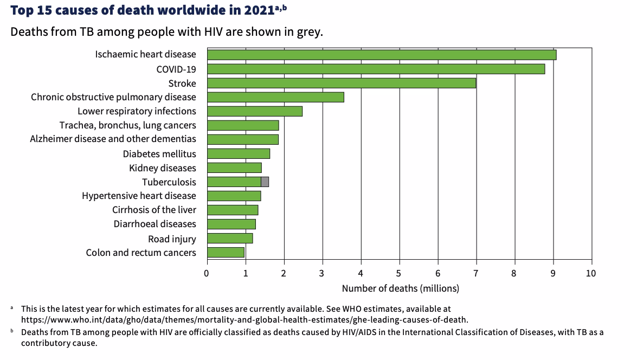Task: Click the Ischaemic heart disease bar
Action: [x=381, y=55]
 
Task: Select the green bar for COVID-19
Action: [x=376, y=69]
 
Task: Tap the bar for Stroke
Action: [x=342, y=83]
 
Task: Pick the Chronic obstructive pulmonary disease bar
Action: [x=275, y=97]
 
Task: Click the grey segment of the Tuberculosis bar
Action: [x=265, y=182]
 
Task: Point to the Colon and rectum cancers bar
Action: [x=226, y=252]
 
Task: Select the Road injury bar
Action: [x=230, y=238]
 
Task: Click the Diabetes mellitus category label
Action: [x=159, y=154]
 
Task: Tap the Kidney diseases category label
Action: [x=163, y=168]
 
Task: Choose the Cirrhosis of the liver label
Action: [x=154, y=210]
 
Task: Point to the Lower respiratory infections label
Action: [x=137, y=111]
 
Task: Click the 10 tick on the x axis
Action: [x=591, y=273]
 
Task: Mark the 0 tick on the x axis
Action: [x=207, y=273]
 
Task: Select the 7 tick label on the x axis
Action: [x=476, y=273]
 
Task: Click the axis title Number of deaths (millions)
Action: [x=400, y=288]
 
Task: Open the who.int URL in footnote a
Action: [x=244, y=320]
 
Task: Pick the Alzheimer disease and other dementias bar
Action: [x=242, y=139]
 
